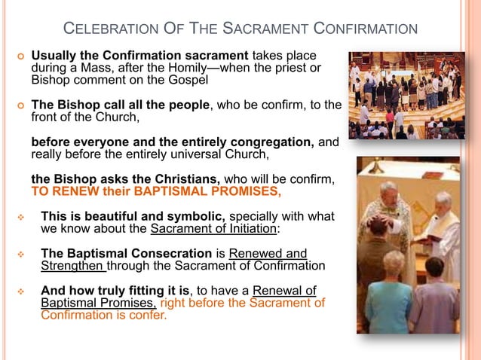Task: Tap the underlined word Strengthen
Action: click(x=73, y=266)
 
